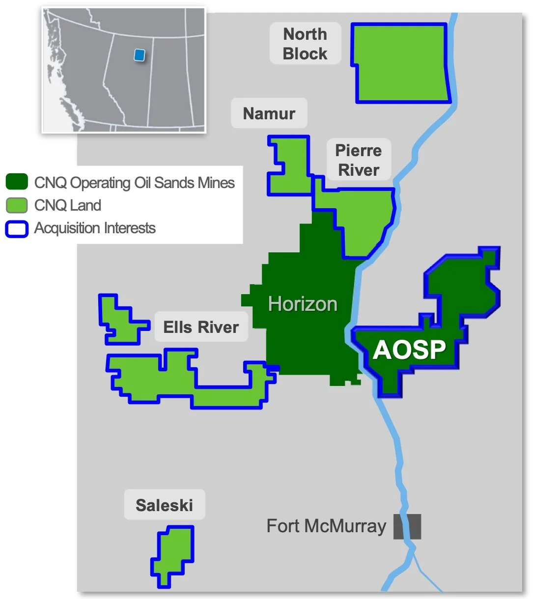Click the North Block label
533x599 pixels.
coord(305,44)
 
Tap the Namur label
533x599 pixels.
coord(269,113)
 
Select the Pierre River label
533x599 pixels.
coord(359,160)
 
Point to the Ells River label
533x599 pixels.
coord(201,327)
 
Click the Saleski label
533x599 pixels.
coord(164,505)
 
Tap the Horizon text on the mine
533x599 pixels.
coord(303,304)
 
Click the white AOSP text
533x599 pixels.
coord(409,350)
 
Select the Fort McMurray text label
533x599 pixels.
coord(326,526)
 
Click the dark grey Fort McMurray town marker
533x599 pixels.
coord(407,527)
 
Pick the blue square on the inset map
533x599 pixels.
coord(140,55)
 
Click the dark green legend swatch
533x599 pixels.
coord(17,182)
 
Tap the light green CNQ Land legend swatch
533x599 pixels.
coord(17,205)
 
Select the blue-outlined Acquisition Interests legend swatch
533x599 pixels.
coord(17,229)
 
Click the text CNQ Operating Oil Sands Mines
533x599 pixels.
coord(134,183)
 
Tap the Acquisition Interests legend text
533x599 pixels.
coord(95,228)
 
